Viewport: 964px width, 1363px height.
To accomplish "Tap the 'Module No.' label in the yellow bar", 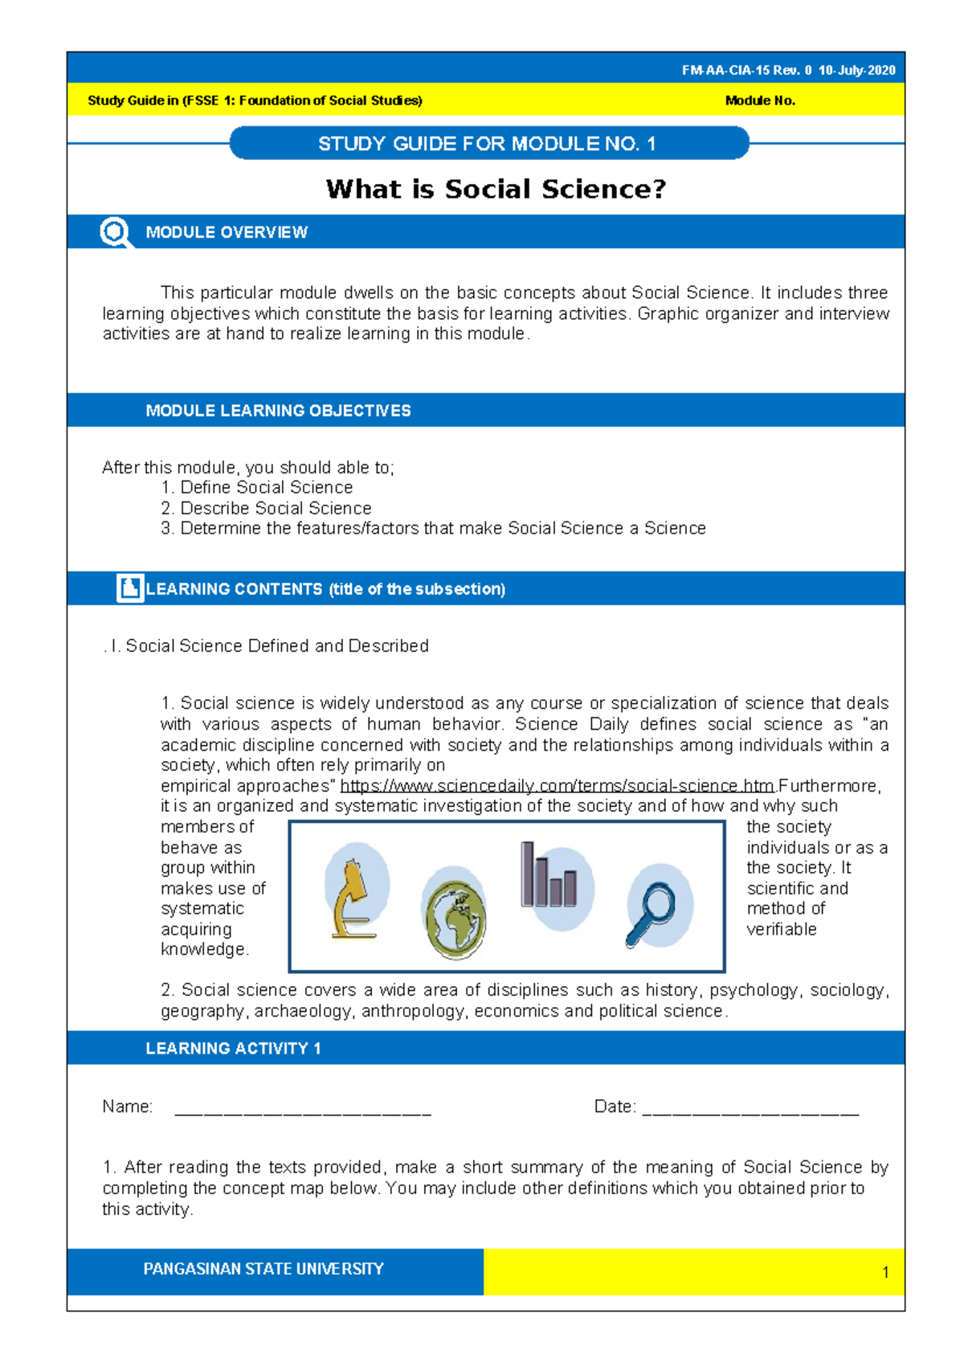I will (x=760, y=101).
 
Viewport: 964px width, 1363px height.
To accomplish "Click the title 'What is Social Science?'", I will (x=496, y=190).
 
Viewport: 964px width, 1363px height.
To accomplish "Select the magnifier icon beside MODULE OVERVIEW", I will (x=115, y=232).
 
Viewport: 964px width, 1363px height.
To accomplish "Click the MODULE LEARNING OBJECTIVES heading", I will (x=278, y=411).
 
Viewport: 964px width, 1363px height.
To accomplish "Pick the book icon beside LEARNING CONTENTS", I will (x=129, y=588).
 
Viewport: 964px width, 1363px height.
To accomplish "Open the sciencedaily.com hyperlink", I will (x=558, y=786).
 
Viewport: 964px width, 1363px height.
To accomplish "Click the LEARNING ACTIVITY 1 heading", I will (x=233, y=1049).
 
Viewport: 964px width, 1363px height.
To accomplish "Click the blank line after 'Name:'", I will (x=303, y=1109).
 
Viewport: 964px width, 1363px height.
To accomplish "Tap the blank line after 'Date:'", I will (x=750, y=1109).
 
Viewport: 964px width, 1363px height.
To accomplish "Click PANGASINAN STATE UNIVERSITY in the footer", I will (x=263, y=1269).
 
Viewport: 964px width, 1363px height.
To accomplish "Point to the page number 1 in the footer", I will (x=885, y=1272).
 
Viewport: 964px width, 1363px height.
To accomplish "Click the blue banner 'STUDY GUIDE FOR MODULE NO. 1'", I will (x=488, y=144).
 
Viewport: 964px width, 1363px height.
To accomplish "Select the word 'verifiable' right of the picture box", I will (x=781, y=930).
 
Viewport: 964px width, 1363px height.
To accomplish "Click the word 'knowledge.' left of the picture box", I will (x=204, y=950).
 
